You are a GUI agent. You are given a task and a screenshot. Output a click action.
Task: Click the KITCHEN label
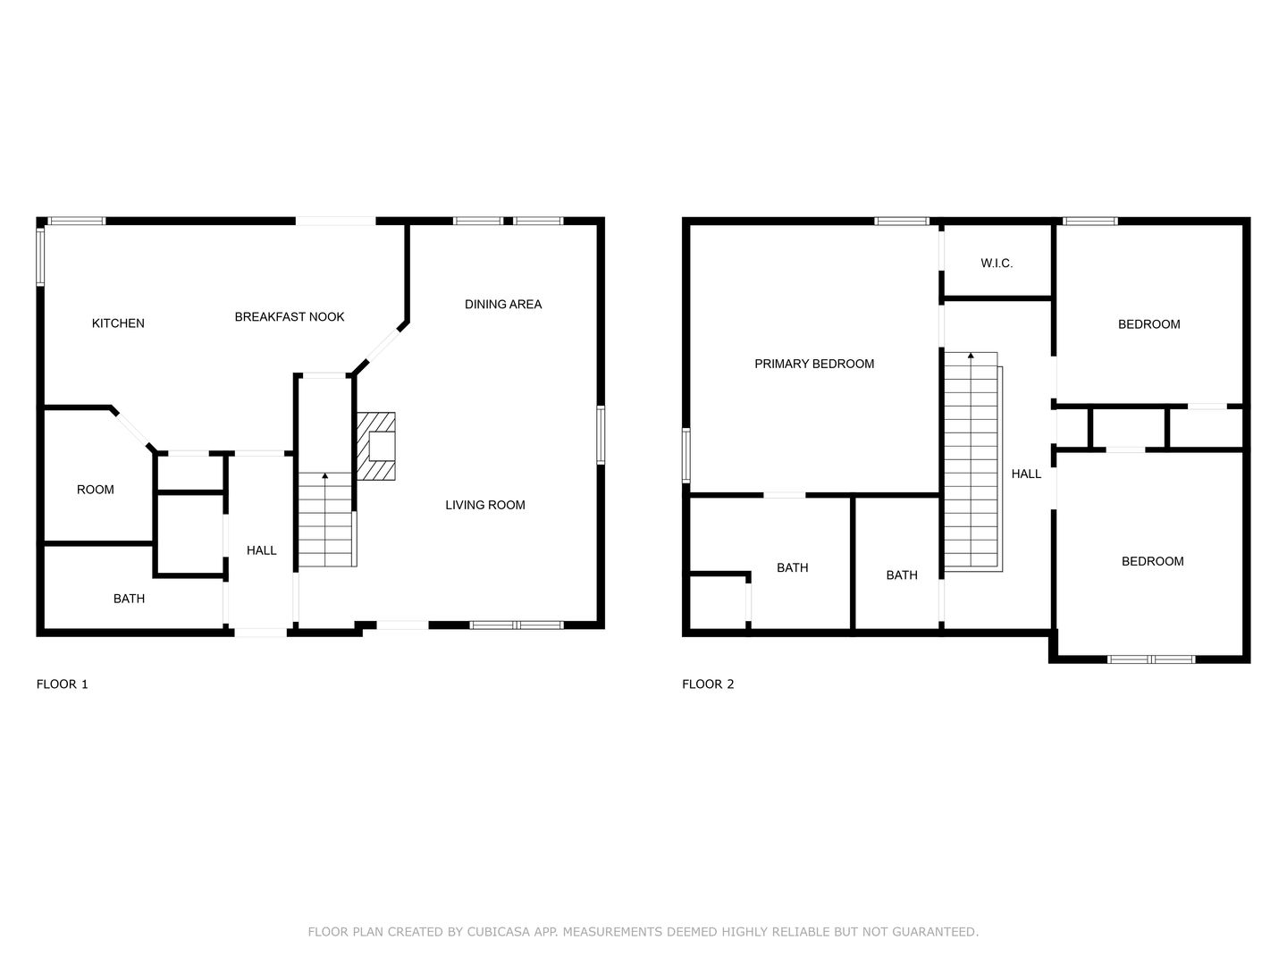click(x=118, y=323)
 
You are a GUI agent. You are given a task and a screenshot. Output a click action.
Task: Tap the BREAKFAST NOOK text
click(x=289, y=317)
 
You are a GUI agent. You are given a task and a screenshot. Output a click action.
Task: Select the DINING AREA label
click(x=503, y=304)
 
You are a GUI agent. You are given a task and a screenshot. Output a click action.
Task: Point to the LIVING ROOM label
click(x=485, y=505)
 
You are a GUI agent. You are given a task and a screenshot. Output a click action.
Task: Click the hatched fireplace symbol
click(x=376, y=447)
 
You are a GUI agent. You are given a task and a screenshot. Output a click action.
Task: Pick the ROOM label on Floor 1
click(x=95, y=490)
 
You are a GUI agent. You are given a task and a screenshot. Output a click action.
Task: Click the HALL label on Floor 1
click(x=261, y=550)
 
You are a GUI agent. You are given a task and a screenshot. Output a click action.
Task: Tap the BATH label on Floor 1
click(x=129, y=599)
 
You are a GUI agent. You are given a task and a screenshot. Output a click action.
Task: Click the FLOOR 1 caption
click(x=63, y=684)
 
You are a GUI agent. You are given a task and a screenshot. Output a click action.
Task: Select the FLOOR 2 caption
click(x=708, y=684)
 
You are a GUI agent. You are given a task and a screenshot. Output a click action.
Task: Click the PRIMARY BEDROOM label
click(x=814, y=364)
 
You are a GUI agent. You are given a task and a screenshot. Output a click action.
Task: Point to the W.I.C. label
click(x=997, y=264)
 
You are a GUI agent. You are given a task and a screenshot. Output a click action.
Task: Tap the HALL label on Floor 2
click(x=1026, y=474)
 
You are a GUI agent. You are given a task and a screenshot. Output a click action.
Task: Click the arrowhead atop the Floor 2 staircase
click(x=971, y=356)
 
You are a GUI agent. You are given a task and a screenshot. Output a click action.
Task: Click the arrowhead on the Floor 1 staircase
click(x=324, y=475)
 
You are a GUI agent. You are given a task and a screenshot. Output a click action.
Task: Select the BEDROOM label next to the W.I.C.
click(x=1148, y=324)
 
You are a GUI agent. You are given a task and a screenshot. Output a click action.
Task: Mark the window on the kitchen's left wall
click(x=40, y=257)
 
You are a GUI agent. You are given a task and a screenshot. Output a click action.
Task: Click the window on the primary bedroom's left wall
click(x=686, y=456)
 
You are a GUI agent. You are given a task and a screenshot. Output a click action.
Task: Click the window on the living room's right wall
click(x=601, y=435)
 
